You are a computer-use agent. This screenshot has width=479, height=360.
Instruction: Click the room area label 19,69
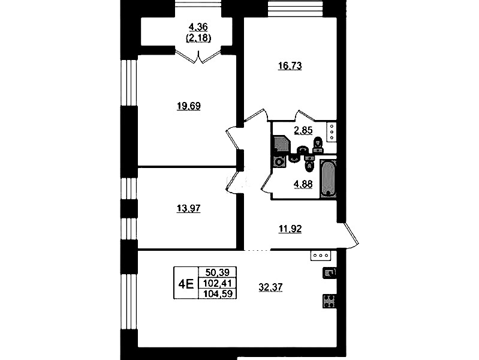(189, 106)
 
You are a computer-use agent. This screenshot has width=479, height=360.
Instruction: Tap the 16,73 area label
(290, 66)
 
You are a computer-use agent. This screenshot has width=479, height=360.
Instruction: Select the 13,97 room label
(188, 209)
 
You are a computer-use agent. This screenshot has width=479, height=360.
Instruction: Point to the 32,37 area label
(270, 287)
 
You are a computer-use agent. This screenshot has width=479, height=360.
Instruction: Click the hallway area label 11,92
(290, 229)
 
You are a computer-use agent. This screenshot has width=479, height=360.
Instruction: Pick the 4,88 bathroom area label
(303, 184)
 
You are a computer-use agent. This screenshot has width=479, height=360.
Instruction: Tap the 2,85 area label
(303, 130)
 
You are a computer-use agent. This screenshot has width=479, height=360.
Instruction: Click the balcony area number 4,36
(198, 27)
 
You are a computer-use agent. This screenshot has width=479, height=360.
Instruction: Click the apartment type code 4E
(186, 284)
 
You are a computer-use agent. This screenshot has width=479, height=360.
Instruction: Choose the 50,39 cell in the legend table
(217, 272)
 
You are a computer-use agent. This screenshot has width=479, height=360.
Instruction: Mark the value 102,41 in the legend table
(218, 283)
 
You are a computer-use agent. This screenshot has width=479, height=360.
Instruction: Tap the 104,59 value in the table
(218, 293)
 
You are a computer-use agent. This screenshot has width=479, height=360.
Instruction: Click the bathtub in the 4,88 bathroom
(329, 178)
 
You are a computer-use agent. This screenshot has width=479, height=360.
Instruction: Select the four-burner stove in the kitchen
(329, 301)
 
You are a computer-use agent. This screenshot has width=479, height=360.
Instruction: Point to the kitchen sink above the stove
(329, 272)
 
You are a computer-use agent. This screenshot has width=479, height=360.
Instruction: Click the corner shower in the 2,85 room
(281, 144)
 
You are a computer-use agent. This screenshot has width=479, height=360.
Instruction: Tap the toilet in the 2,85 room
(318, 145)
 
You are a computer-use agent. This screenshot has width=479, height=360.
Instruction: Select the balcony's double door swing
(198, 57)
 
